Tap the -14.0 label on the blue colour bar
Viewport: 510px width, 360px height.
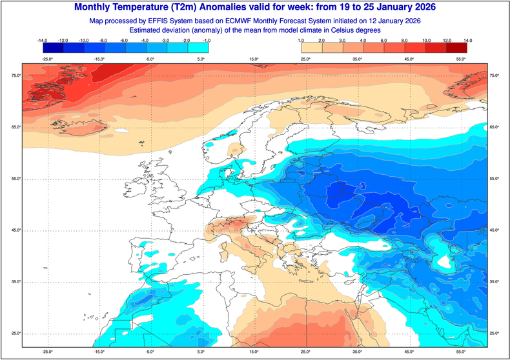(43, 41)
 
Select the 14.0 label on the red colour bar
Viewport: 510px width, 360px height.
(467, 41)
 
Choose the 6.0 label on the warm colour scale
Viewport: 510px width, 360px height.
(385, 41)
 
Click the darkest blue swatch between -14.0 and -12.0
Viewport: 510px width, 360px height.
(52, 48)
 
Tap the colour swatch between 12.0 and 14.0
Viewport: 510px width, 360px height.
(457, 48)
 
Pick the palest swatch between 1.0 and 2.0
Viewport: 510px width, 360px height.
(312, 48)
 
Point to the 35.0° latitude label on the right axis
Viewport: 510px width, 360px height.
(495, 282)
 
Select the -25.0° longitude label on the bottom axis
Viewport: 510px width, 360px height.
(47, 352)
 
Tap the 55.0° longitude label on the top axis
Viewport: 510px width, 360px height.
(462, 59)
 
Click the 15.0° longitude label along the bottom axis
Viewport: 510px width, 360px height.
(254, 352)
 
